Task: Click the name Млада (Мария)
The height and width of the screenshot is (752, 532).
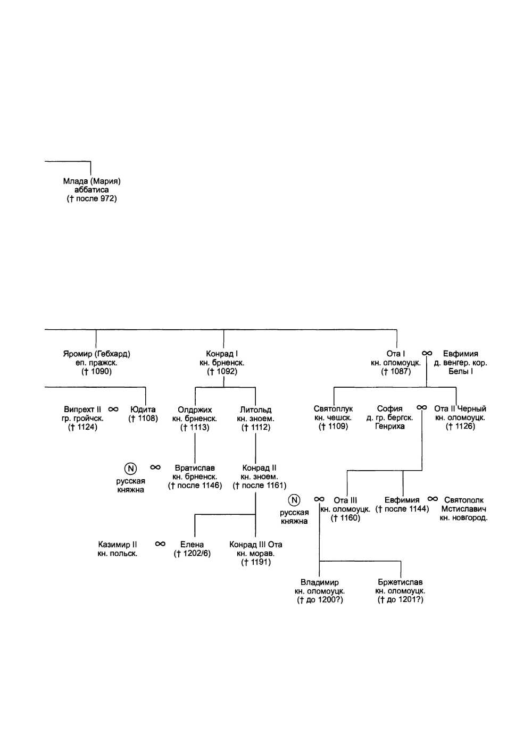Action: coord(92,181)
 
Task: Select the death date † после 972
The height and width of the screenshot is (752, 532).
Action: coord(92,199)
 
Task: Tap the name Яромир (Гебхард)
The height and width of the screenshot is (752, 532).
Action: coord(96,354)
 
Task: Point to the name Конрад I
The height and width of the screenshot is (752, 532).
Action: coord(222,354)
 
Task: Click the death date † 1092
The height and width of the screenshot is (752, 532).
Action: coord(222,372)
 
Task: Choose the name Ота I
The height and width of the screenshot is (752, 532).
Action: coord(396,354)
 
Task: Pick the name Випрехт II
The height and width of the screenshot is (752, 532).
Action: coord(82,410)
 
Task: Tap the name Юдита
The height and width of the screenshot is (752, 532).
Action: coord(143,410)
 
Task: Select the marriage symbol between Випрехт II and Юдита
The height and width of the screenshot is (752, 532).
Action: coord(113,410)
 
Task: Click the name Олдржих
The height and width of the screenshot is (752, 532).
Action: coord(195,410)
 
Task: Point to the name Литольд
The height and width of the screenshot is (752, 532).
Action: coord(255,410)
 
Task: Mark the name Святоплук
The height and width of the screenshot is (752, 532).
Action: coord(333,409)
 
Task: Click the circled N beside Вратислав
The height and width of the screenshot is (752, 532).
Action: coord(130,468)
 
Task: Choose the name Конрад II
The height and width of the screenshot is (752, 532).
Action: coord(259,468)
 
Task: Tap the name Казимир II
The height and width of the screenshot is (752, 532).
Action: coord(118,545)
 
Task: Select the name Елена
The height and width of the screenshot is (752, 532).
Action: coord(192,545)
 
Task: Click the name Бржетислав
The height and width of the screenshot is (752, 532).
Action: coord(400,582)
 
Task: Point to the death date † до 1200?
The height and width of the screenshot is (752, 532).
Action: coord(320,600)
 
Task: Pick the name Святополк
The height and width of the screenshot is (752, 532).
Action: coord(464,500)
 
